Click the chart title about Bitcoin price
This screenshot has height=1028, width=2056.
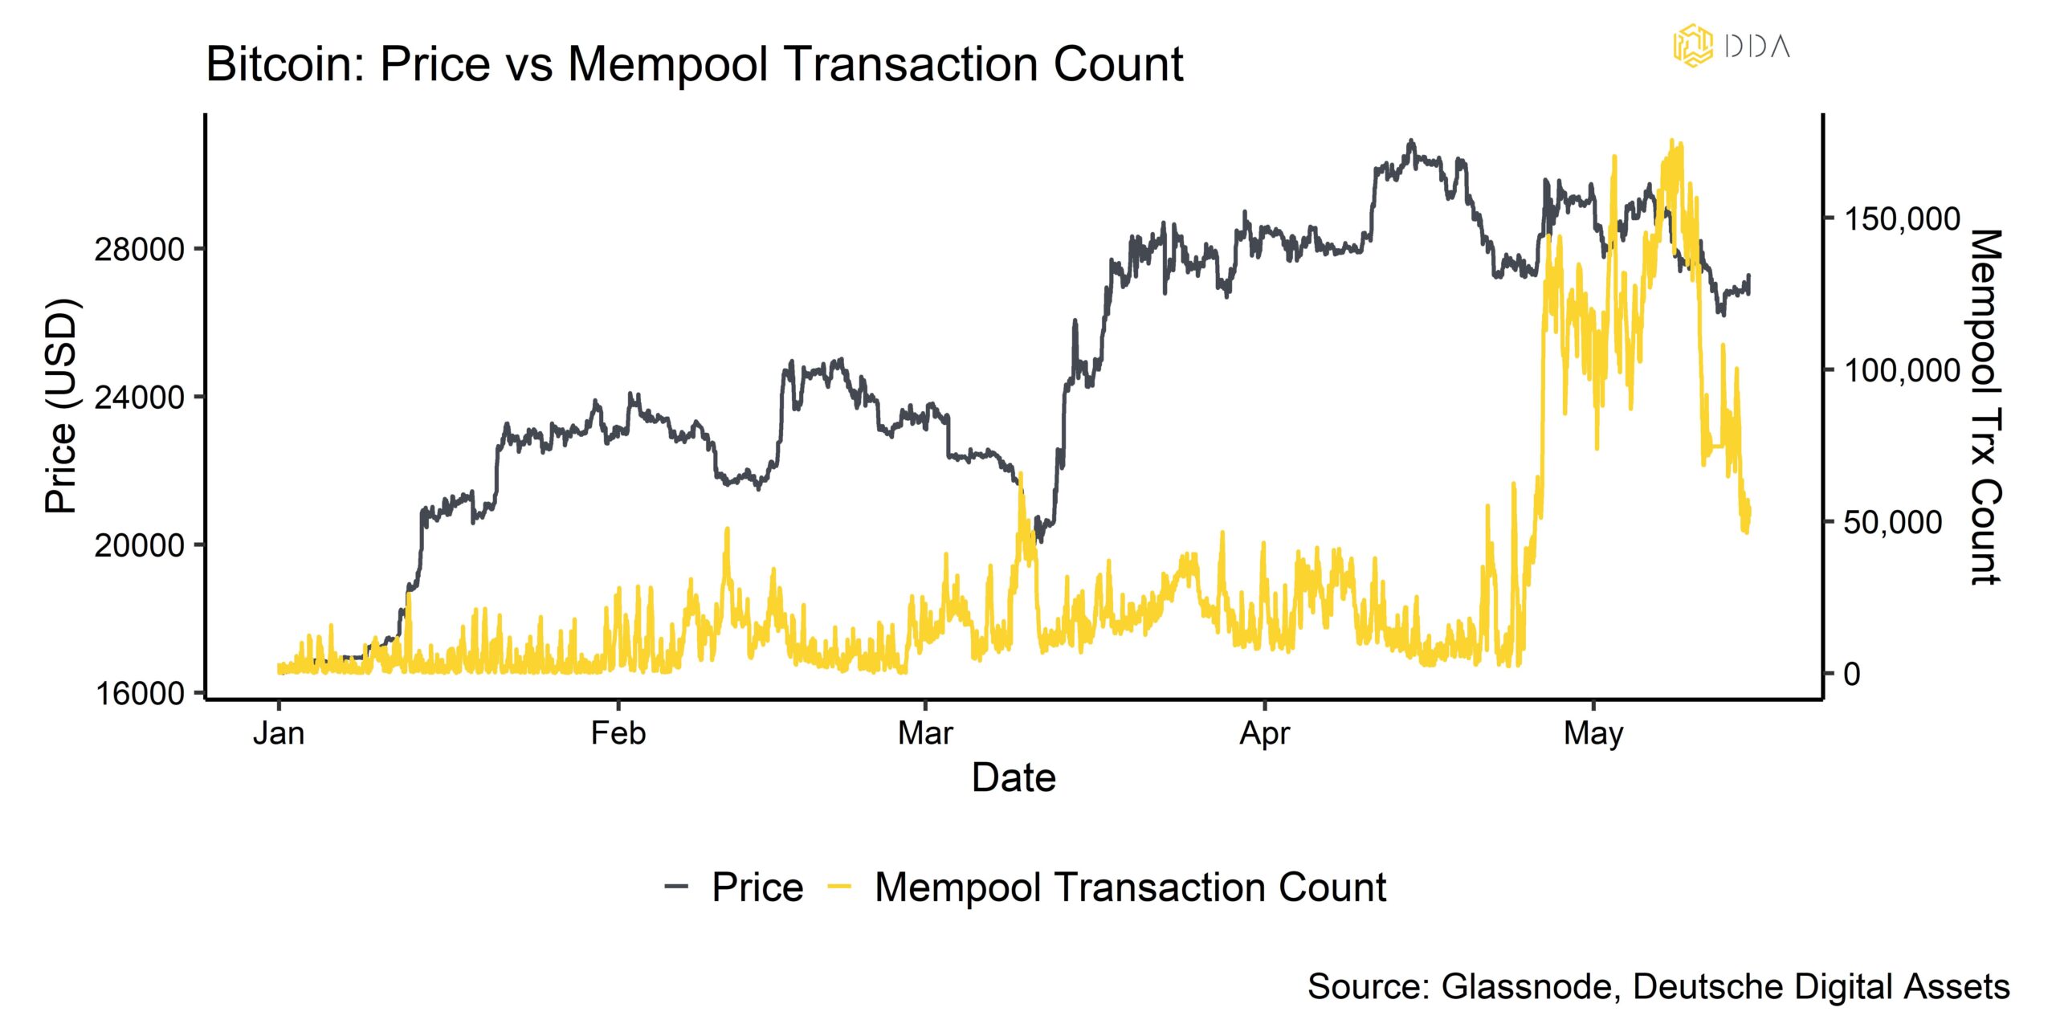point(694,64)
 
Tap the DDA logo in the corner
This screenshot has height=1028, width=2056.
point(1732,45)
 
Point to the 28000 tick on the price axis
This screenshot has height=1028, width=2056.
point(139,250)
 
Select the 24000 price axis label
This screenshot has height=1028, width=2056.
point(139,398)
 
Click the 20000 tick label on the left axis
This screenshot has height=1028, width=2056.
point(139,545)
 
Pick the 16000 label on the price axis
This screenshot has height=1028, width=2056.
point(139,694)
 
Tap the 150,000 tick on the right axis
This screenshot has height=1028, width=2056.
point(1902,218)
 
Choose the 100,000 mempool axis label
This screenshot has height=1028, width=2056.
point(1902,370)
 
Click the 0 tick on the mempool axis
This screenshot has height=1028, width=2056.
point(1851,674)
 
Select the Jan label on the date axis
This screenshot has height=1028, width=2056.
point(279,733)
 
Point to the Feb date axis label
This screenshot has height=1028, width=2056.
point(618,733)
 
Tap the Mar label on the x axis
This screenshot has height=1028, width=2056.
point(925,733)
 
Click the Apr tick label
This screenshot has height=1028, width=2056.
point(1264,733)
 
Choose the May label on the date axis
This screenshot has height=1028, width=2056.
point(1593,733)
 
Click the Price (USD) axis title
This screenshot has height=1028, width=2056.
point(61,406)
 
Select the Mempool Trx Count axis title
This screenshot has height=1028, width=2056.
point(1985,406)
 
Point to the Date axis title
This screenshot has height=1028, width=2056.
point(1014,777)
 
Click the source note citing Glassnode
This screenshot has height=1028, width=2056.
point(1658,986)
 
